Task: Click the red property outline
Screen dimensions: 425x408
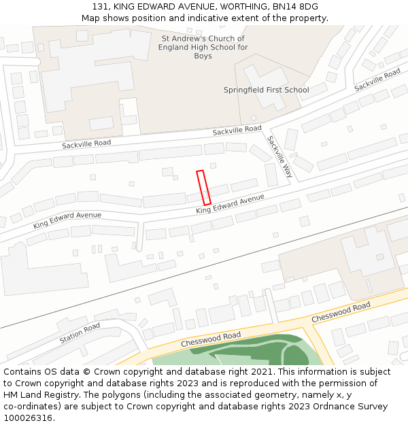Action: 203,187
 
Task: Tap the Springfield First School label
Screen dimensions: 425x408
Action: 266,90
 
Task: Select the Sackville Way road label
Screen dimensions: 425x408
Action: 279,157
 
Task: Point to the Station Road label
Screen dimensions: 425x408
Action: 80,333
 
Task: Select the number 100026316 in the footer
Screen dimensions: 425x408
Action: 28,418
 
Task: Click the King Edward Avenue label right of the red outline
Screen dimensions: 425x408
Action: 230,204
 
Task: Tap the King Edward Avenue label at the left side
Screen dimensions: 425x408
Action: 67,220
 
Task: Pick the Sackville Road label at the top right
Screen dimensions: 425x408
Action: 377,80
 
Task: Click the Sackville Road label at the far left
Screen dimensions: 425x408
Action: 86,144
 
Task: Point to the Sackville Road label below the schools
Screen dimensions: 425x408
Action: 237,129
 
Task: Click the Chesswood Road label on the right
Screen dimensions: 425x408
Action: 341,312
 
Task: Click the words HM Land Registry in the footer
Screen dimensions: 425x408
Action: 39,394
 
